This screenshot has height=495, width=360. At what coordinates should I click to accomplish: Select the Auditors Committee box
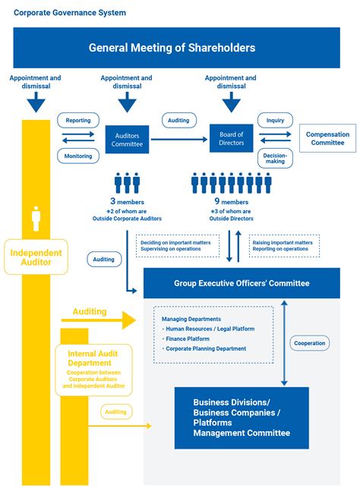coord(128,139)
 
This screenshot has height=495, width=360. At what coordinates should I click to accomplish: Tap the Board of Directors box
coord(231,139)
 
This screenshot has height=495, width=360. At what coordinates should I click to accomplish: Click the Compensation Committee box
coord(327,138)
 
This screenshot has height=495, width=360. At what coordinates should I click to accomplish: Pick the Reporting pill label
coord(78,121)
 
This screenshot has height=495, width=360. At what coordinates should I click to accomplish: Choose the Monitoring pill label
coord(78,156)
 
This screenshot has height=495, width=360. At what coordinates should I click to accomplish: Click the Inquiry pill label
coord(274,121)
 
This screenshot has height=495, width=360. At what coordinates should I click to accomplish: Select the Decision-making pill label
coord(274,157)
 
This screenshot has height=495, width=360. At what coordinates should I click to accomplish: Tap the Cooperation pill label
coord(309,343)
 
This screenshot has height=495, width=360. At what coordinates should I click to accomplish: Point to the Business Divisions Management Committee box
coord(242,418)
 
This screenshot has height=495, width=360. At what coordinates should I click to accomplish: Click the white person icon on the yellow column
coord(36,219)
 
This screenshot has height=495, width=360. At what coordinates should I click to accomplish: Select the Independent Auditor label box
coord(36,257)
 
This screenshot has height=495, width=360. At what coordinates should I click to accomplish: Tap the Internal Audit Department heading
coord(90,358)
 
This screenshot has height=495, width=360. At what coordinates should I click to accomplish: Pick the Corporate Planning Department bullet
coord(205,348)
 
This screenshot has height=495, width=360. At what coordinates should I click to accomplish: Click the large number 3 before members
coord(112,202)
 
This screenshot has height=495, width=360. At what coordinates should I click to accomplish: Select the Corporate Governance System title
coord(70,13)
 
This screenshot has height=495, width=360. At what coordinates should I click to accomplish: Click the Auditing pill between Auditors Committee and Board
coord(179,121)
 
